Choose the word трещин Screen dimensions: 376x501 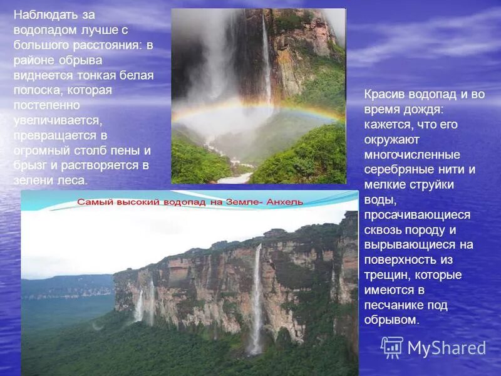[x=385, y=275]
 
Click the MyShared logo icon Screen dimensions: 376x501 [x=392, y=347]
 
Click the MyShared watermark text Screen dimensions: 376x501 [x=447, y=348]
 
